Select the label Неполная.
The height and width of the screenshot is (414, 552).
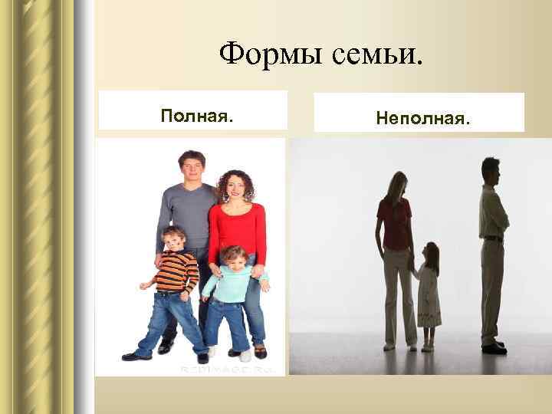[x=423, y=119]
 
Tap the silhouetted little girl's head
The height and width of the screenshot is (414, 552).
[x=432, y=254]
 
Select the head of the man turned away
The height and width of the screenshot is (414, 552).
[x=491, y=169]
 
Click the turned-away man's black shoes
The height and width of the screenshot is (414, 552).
[x=494, y=348]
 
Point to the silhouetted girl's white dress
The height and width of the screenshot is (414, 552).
[x=429, y=295]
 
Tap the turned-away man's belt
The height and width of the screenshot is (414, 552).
[x=494, y=238]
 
